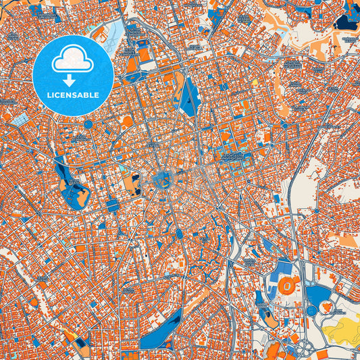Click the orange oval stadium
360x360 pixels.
pyautogui.click(x=287, y=286)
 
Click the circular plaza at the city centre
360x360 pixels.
pyautogui.click(x=162, y=180)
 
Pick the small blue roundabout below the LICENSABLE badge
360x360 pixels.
pyautogui.click(x=88, y=124)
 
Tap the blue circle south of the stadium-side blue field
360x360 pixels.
pyautogui.click(x=313, y=310)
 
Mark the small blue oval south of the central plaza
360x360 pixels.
pyautogui.click(x=180, y=234)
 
